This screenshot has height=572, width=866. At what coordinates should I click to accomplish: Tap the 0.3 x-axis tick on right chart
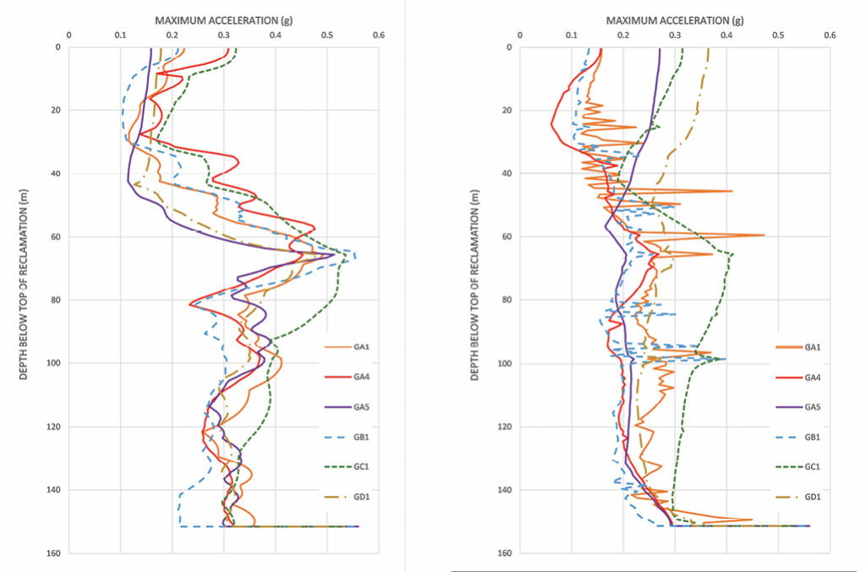675,36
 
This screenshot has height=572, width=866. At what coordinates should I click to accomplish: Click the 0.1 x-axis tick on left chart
120,36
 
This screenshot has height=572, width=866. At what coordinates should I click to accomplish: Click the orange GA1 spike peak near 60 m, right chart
764,235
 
